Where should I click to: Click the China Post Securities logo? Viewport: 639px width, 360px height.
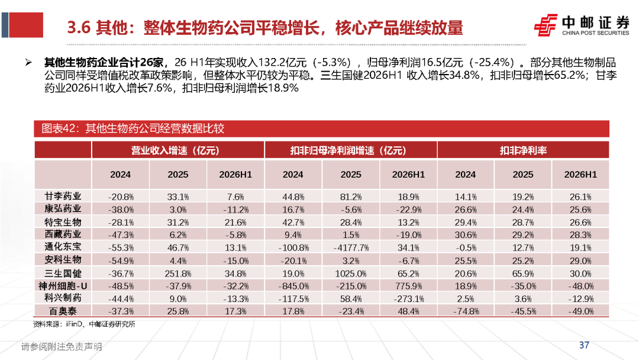pos(582,25)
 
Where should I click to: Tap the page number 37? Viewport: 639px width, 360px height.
pos(584,345)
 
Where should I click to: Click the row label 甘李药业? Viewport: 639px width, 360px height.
pos(63,197)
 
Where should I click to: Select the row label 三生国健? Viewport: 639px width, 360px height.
pos(63,273)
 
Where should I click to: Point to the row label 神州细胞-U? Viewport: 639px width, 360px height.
pos(63,286)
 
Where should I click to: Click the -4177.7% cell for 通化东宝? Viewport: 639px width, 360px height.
pos(351,248)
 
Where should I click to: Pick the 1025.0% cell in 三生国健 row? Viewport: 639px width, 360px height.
pos(351,274)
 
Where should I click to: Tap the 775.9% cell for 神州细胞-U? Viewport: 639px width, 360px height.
pos(408,286)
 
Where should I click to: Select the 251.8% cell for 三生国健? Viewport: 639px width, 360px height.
pos(178,274)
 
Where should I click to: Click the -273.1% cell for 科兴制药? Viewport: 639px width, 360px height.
pos(408,299)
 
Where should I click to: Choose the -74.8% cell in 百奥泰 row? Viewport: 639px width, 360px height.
pos(466,311)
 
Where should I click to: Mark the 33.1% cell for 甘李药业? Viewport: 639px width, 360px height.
pos(178,197)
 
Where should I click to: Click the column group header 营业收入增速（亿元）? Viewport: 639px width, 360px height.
pos(175,150)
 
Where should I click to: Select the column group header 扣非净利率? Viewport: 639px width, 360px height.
pos(523,150)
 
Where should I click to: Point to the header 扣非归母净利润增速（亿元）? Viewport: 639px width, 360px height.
pos(348,150)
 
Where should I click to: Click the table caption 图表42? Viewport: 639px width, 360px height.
pos(59,128)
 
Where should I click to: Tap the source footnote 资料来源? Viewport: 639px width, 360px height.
pos(47,324)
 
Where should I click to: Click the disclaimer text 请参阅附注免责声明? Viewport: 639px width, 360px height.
pos(62,346)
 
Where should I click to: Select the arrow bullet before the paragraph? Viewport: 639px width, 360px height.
pos(28,62)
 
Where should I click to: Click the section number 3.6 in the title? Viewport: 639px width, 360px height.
pos(78,28)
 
